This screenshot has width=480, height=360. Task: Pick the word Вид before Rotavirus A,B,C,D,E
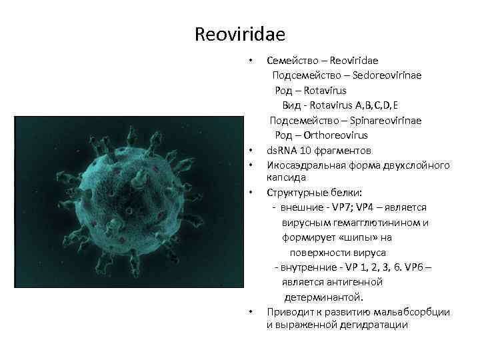pyautogui.click(x=291, y=105)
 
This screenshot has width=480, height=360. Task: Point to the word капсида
pyautogui.click(x=287, y=178)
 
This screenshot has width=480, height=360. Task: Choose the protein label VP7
pyautogui.click(x=345, y=207)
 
